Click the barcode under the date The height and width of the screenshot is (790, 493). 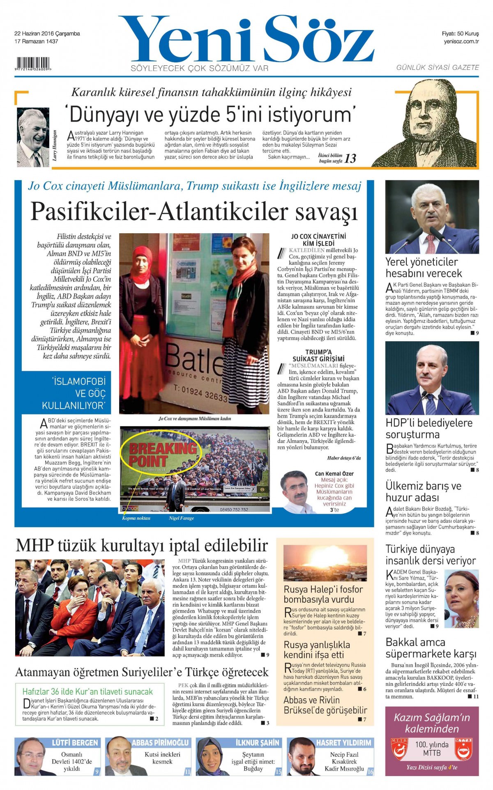[33, 64]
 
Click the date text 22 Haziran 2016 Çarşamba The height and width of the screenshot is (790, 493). [47, 34]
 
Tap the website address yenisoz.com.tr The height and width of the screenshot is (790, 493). [461, 41]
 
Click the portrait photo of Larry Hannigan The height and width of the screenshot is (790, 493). [33, 138]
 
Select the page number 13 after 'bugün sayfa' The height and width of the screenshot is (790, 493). [350, 159]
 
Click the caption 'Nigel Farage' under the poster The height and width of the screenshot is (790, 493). [181, 518]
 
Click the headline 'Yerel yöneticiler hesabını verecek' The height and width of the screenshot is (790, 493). [423, 267]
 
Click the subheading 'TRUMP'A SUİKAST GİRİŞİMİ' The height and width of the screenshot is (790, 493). [318, 355]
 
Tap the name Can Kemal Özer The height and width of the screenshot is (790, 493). [334, 473]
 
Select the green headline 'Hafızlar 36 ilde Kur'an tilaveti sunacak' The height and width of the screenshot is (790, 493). [88, 691]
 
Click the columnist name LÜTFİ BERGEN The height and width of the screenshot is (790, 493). [75, 742]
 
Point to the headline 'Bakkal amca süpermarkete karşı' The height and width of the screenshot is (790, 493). [431, 648]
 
